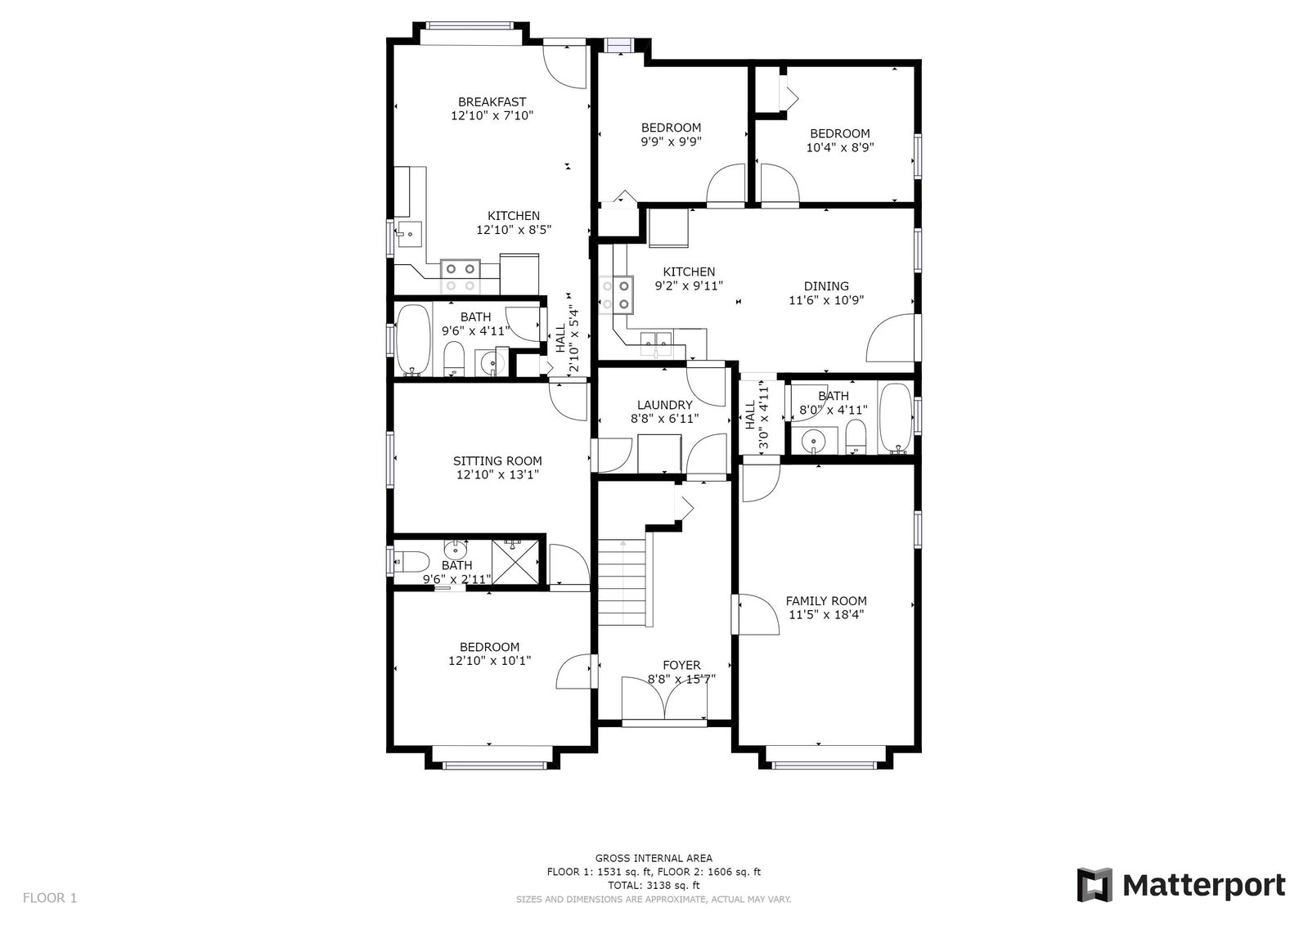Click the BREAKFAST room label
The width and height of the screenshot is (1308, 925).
pyautogui.click(x=492, y=102)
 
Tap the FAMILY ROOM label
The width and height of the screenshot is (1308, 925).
pyautogui.click(x=825, y=601)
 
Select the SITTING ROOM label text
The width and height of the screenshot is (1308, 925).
pyautogui.click(x=497, y=461)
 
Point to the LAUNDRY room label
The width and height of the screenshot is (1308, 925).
pyautogui.click(x=664, y=406)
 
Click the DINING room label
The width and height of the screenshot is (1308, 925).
pyautogui.click(x=826, y=286)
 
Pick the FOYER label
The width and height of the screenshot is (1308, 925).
pyautogui.click(x=681, y=665)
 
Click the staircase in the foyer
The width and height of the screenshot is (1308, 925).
pyautogui.click(x=623, y=582)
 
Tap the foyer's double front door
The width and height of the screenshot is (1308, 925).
pyautogui.click(x=664, y=698)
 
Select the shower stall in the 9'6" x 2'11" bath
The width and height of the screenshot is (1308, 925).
pyautogui.click(x=515, y=561)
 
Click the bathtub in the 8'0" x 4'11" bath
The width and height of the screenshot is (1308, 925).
pyautogui.click(x=896, y=418)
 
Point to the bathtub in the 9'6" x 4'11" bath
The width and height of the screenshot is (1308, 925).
pyautogui.click(x=413, y=340)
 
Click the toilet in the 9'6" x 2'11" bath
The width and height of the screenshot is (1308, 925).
pyautogui.click(x=411, y=563)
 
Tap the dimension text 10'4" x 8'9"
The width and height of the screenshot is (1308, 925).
pyautogui.click(x=840, y=148)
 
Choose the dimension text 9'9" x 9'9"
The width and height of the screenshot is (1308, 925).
pyautogui.click(x=671, y=141)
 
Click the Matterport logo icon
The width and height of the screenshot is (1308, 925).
pyautogui.click(x=1094, y=885)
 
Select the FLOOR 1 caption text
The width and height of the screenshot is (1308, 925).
pyautogui.click(x=50, y=898)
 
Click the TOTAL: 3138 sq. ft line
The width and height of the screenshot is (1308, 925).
pyautogui.click(x=654, y=885)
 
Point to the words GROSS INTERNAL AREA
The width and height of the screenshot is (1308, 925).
pyautogui.click(x=654, y=858)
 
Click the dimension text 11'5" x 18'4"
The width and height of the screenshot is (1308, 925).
pyautogui.click(x=825, y=615)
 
